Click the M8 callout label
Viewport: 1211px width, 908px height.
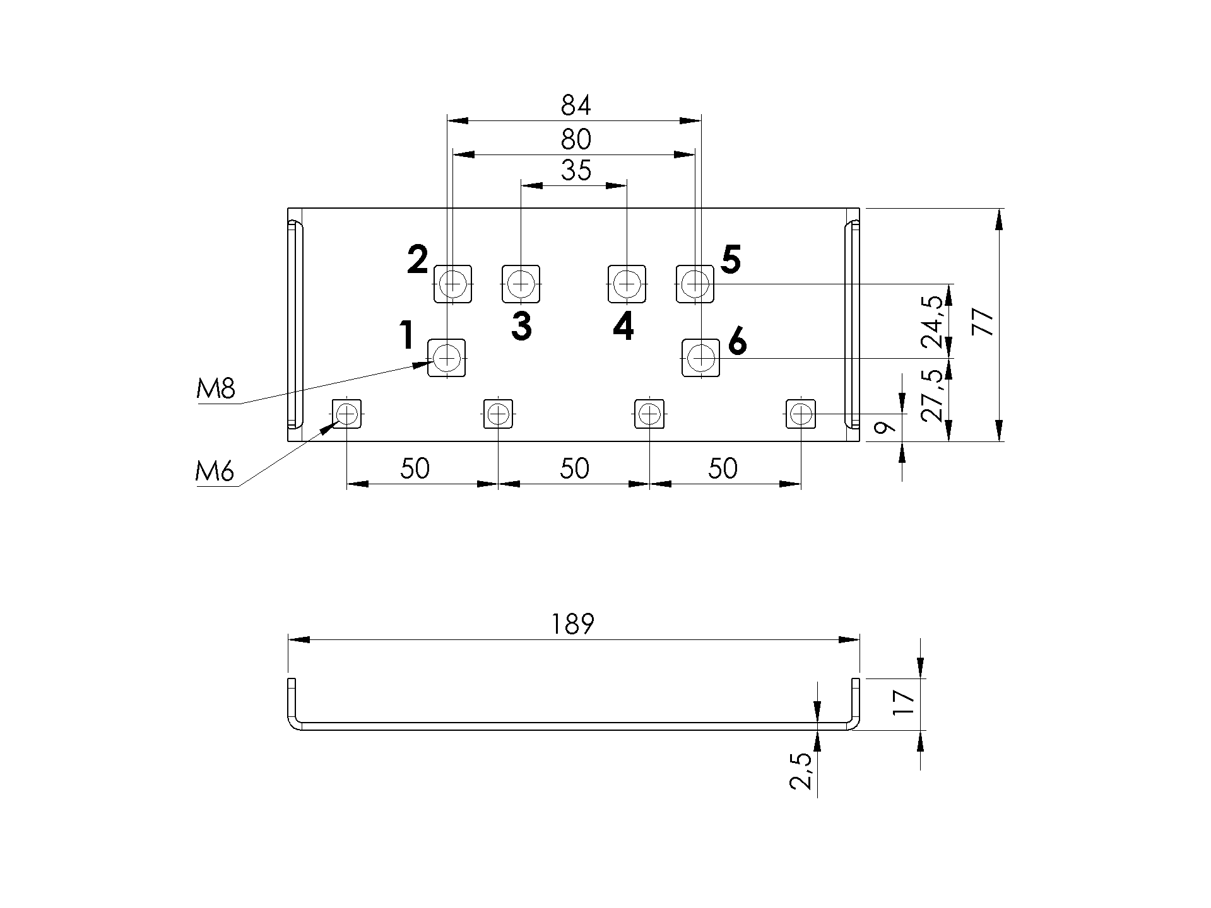[x=216, y=390]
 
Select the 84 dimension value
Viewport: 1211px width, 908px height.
[x=576, y=105]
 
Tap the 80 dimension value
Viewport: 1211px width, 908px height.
[x=576, y=139]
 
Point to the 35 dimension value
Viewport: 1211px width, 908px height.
[x=576, y=170]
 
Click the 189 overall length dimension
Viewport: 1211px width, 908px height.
[x=573, y=624]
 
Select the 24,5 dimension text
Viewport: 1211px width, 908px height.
[x=935, y=322]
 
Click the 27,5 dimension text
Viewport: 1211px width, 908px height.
[x=935, y=395]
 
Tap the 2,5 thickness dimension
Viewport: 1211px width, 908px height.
[x=801, y=771]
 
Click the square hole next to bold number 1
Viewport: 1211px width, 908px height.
[x=447, y=358]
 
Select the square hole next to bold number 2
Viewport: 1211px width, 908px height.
[x=453, y=284]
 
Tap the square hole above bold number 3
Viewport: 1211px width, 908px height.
[x=521, y=284]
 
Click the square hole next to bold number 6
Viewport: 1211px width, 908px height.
[x=701, y=358]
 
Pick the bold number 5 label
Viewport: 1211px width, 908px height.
[x=730, y=260]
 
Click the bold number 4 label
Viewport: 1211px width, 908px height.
[x=623, y=327]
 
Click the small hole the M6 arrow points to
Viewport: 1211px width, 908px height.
[x=347, y=414]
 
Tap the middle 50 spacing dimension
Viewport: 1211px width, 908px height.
[x=574, y=469]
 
